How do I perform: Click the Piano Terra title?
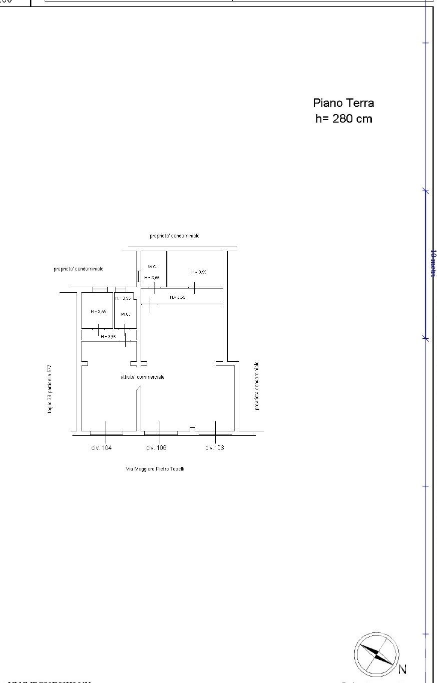[x=343, y=103]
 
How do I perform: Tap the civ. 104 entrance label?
[x=102, y=448]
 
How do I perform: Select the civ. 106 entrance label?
[x=156, y=448]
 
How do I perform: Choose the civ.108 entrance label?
[x=215, y=448]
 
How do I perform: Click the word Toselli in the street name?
[x=176, y=469]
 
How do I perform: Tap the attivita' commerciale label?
[x=143, y=377]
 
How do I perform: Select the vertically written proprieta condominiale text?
[x=257, y=386]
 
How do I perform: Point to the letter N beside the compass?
[x=402, y=669]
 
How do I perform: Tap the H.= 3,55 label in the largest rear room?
[x=199, y=272]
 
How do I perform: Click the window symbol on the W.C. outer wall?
[x=138, y=276]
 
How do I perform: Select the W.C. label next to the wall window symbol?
[x=152, y=267]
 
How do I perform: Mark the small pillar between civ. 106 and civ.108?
[x=192, y=429]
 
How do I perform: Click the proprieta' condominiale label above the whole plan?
[x=174, y=236]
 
